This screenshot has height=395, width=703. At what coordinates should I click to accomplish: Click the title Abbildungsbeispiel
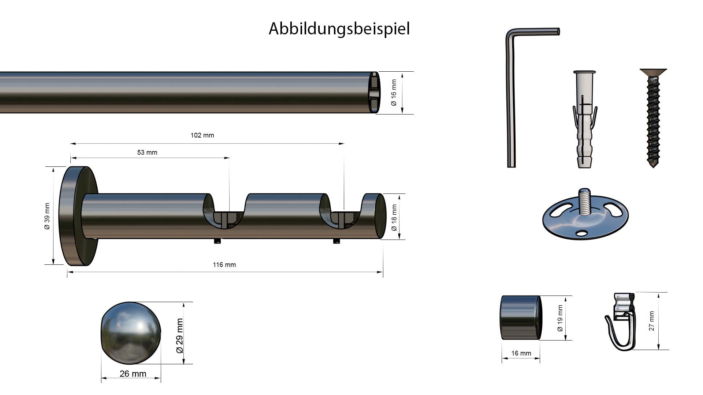click(x=339, y=29)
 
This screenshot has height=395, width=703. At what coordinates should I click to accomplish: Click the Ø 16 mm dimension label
click(x=394, y=93)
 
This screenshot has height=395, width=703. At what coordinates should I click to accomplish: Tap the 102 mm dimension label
click(x=202, y=135)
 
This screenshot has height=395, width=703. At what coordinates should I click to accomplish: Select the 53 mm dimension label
click(x=147, y=153)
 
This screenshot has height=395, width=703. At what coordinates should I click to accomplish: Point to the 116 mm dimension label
click(x=224, y=265)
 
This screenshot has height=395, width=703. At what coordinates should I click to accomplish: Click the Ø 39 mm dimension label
click(x=47, y=216)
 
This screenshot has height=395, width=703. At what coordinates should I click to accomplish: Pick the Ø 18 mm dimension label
click(x=394, y=218)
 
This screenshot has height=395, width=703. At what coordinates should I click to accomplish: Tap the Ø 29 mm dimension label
click(x=179, y=336)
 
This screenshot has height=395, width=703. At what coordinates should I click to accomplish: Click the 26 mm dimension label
click(x=133, y=374)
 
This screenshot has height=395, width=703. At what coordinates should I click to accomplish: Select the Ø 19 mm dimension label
click(x=560, y=318)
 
